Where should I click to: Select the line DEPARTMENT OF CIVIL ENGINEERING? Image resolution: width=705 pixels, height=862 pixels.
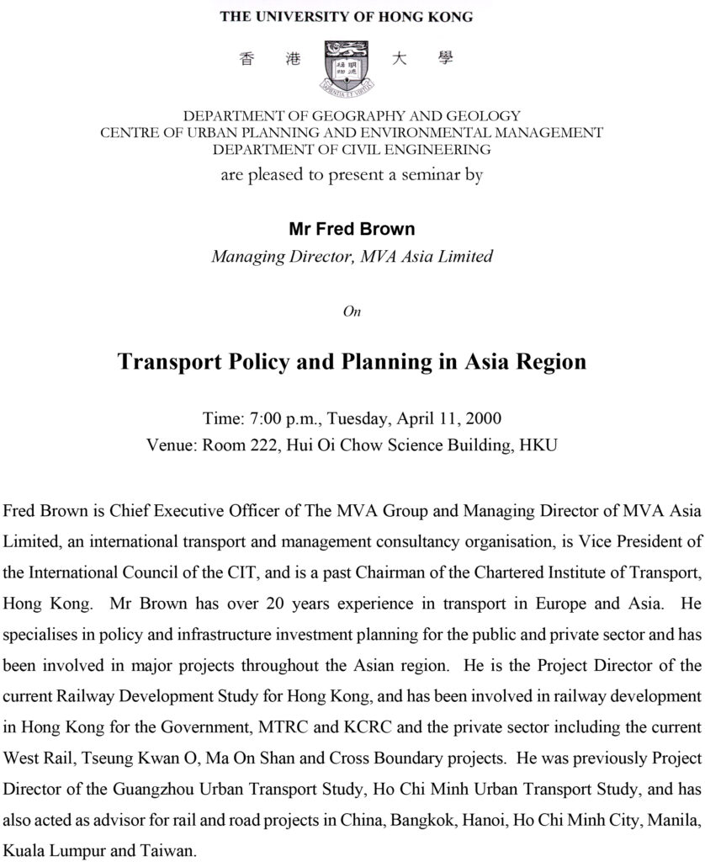pos(352,150)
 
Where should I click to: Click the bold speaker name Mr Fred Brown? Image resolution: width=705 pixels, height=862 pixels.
pos(352,229)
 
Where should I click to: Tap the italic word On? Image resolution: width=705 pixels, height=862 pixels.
pos(352,311)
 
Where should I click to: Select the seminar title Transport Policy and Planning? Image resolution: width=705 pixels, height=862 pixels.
pos(352,362)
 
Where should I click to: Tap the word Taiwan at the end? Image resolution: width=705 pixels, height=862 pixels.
pos(171,849)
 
